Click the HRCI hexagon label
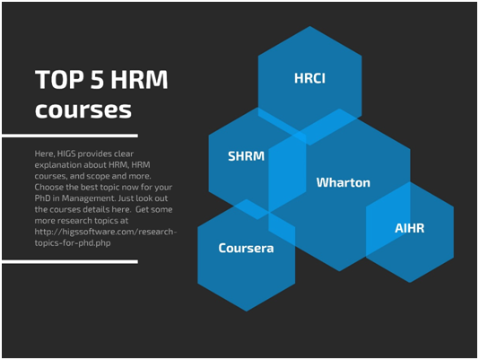[309, 78]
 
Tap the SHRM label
[246, 156]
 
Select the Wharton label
[343, 182]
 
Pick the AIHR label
[410, 228]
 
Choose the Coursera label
[246, 248]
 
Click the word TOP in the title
[59, 80]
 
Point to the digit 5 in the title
[97, 80]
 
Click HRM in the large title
[139, 80]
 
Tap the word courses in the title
[83, 110]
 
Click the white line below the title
[70, 136]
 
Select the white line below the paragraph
[70, 262]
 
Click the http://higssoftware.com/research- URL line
[106, 232]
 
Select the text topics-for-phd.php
[73, 243]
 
